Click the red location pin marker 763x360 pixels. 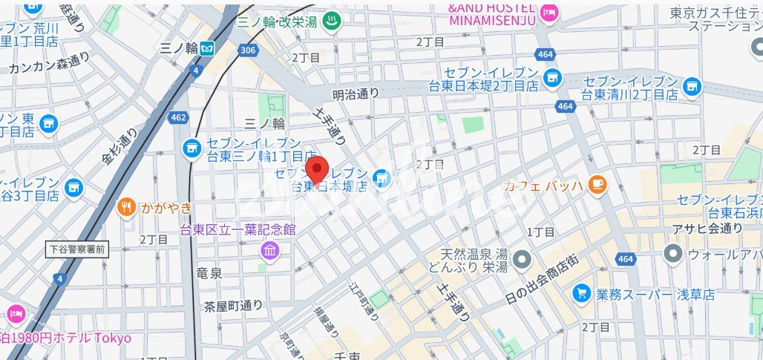click(x=318, y=170)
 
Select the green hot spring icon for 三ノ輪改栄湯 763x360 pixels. click(x=331, y=23)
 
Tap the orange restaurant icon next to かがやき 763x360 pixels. click(x=127, y=208)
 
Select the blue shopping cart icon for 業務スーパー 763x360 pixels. click(x=582, y=294)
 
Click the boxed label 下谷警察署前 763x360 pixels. click(x=77, y=249)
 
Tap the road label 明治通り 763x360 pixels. click(x=356, y=94)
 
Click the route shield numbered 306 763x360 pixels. click(x=248, y=49)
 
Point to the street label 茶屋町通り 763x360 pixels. click(x=233, y=305)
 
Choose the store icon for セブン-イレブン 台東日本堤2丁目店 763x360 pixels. click(x=551, y=77)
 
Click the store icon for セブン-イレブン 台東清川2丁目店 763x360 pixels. click(x=692, y=87)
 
